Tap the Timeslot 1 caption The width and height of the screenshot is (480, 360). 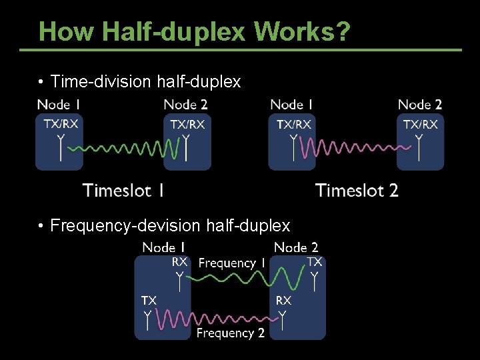click(x=123, y=191)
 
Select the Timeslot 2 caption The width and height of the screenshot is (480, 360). click(x=357, y=191)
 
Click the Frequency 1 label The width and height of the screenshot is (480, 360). click(x=231, y=263)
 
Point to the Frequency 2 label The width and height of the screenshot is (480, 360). click(x=230, y=333)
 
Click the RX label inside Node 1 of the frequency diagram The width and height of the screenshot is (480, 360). click(x=180, y=262)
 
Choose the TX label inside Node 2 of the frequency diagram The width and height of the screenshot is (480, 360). click(x=315, y=262)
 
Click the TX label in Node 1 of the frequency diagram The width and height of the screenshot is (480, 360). click(x=149, y=301)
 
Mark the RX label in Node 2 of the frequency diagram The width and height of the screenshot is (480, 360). click(x=283, y=301)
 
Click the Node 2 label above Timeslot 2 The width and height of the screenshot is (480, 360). click(x=420, y=105)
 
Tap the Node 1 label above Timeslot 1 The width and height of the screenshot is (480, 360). click(x=59, y=105)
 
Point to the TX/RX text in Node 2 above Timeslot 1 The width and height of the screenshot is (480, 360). click(x=187, y=124)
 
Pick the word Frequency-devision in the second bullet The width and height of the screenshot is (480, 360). click(x=126, y=226)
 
